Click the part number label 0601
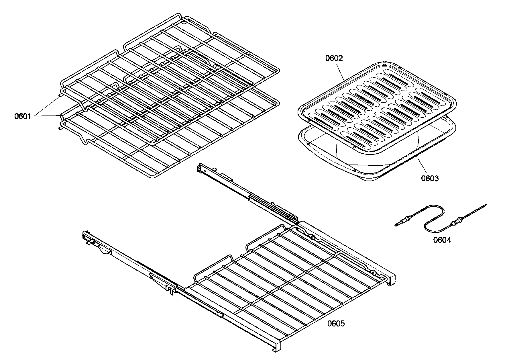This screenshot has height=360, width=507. click(23, 116)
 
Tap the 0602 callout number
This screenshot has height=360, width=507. click(334, 58)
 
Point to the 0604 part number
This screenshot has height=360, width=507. click(442, 240)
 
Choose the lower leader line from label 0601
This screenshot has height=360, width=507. click(49, 116)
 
